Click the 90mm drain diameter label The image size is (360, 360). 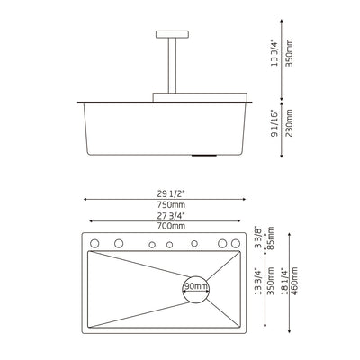coord(195,286)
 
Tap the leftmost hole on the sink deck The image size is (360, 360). coord(96,243)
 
